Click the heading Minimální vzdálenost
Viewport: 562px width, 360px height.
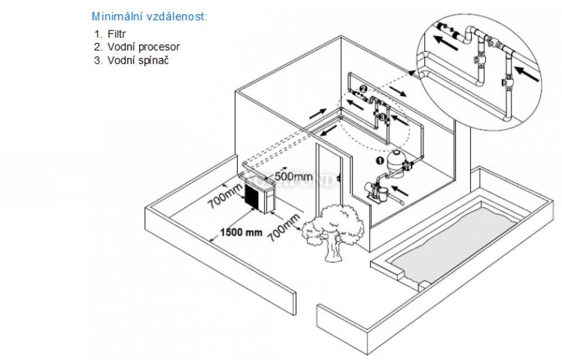149,16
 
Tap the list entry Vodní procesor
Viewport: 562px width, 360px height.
143,47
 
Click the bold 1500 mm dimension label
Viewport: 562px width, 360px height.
241,232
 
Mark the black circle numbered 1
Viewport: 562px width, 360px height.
380,160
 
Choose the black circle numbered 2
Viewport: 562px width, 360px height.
363,89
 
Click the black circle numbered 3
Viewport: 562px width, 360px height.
382,117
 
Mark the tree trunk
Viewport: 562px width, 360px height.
332,250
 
